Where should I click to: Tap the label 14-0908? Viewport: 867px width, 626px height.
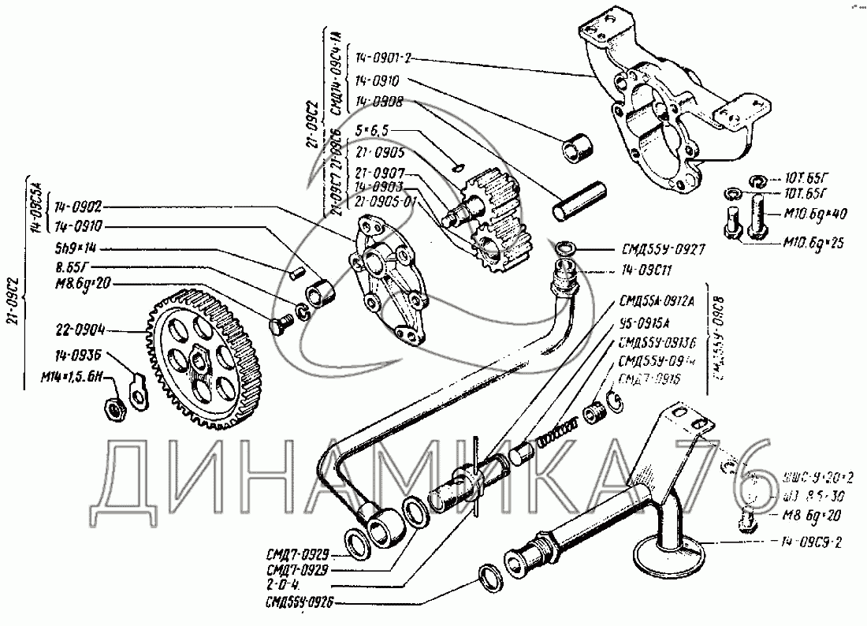pyautogui.click(x=378, y=102)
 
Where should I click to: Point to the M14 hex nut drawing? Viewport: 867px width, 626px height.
pyautogui.click(x=113, y=408)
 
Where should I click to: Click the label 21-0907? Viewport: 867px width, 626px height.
pyautogui.click(x=379, y=173)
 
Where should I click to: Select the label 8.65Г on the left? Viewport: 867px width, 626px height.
pyautogui.click(x=73, y=267)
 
